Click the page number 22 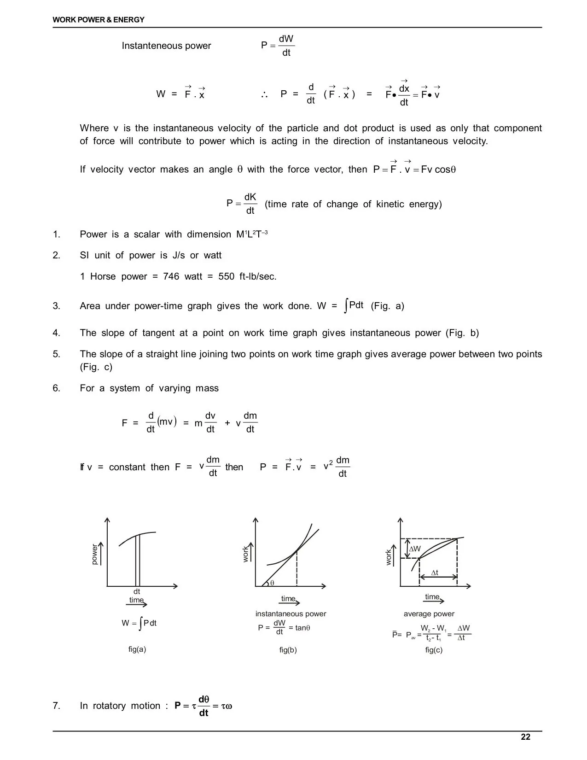[x=525, y=737]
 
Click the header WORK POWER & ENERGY [x=99, y=20]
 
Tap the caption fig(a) [x=137, y=649]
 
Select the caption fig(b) [x=288, y=650]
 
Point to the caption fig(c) [x=434, y=650]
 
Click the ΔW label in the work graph [x=415, y=549]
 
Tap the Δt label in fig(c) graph [x=434, y=573]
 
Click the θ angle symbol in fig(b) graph [x=272, y=583]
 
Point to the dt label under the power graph [x=137, y=591]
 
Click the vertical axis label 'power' [x=95, y=554]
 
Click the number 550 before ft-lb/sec [x=227, y=276]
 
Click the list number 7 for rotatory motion [x=56, y=706]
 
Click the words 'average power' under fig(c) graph [x=429, y=614]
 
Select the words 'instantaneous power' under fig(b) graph [x=291, y=614]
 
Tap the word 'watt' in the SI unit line [x=212, y=255]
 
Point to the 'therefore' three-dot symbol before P [x=264, y=94]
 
